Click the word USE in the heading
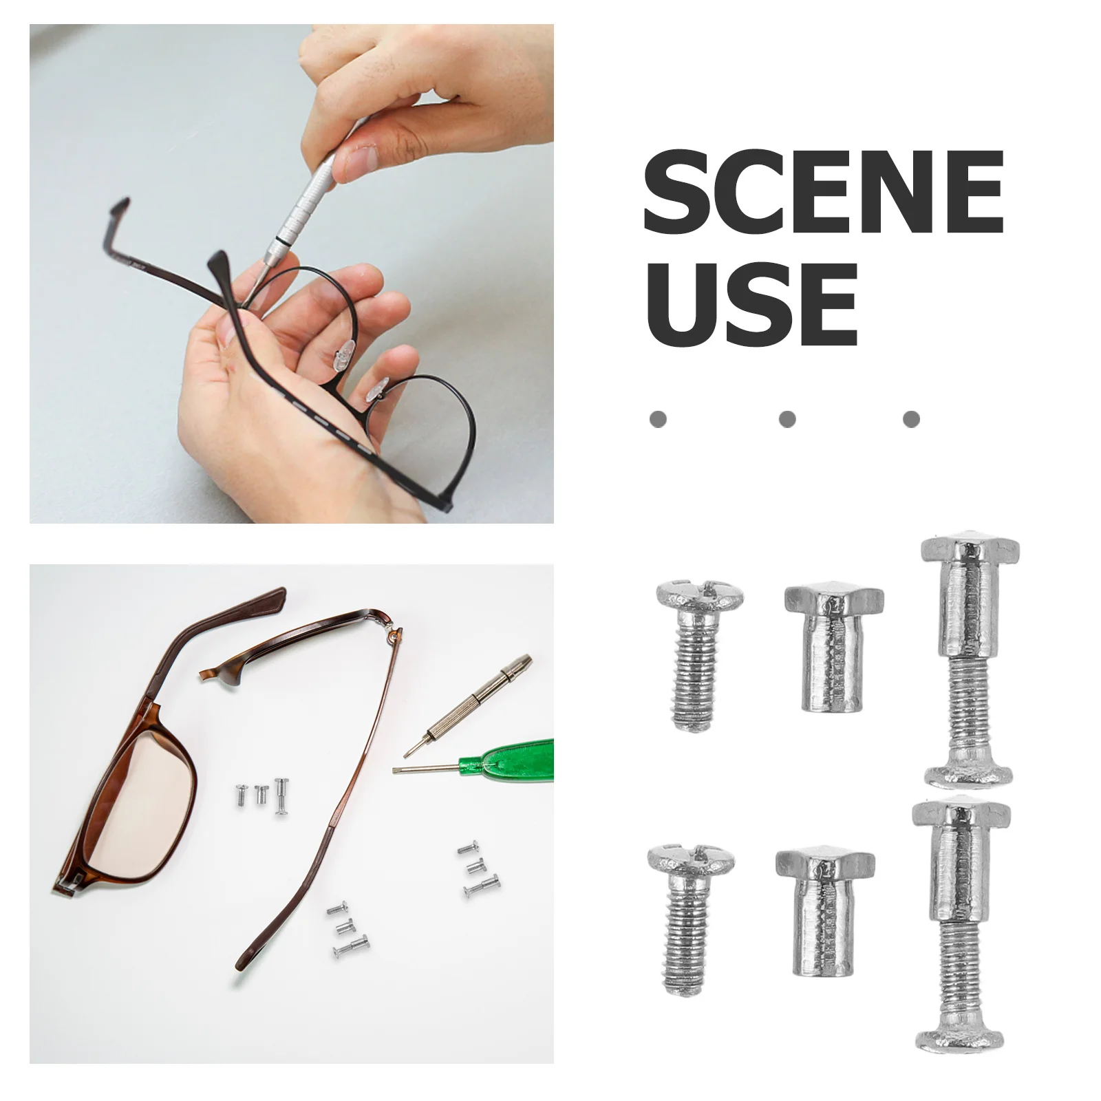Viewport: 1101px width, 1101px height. tap(750, 305)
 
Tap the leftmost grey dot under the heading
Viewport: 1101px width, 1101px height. tap(658, 418)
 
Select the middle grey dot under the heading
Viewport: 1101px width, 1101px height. tap(787, 418)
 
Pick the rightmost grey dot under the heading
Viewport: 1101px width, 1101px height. tap(911, 418)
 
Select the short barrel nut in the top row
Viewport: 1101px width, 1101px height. tap(833, 647)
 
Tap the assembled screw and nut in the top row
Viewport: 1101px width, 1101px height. tap(969, 661)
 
